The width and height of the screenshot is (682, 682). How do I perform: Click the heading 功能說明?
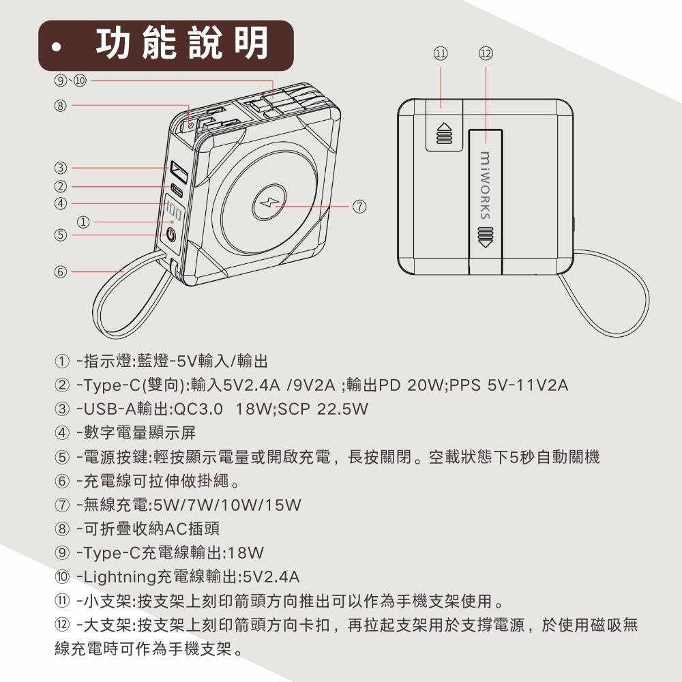(x=181, y=43)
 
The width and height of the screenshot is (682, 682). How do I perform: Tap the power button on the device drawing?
(x=171, y=235)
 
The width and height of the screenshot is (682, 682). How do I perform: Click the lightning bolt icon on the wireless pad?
(x=269, y=203)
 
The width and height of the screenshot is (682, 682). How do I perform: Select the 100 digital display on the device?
(x=173, y=212)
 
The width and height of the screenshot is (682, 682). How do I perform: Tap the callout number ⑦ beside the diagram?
(x=359, y=207)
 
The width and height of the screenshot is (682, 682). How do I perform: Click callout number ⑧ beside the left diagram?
(x=61, y=105)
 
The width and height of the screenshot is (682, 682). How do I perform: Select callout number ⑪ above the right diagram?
(x=440, y=53)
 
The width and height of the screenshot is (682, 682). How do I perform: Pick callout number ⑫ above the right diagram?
(x=486, y=53)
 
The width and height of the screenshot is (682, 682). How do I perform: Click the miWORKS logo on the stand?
(x=485, y=186)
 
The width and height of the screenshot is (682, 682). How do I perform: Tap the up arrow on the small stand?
(x=444, y=133)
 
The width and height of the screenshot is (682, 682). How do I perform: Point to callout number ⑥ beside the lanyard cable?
(x=61, y=272)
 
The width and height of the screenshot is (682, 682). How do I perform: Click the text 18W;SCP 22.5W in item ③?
(x=302, y=409)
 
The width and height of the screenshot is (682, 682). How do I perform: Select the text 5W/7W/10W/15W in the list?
(x=228, y=505)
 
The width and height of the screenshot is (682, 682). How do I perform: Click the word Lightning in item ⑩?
(x=119, y=577)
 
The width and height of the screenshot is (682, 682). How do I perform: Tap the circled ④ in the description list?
(x=62, y=433)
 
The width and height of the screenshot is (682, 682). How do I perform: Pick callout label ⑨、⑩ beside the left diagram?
(x=70, y=81)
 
